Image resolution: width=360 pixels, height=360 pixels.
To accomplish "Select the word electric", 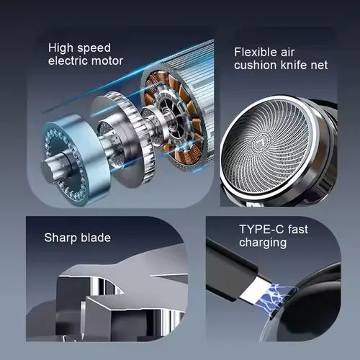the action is tap(68, 60).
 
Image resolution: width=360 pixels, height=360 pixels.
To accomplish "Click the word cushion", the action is tap(256, 65).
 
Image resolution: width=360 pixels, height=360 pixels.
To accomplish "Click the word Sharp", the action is tap(60, 238).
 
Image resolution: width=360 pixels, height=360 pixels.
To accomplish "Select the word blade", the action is tap(96, 238).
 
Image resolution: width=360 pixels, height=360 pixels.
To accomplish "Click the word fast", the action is tap(298, 229).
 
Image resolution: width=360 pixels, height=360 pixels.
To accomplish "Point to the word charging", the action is tap(263, 243).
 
